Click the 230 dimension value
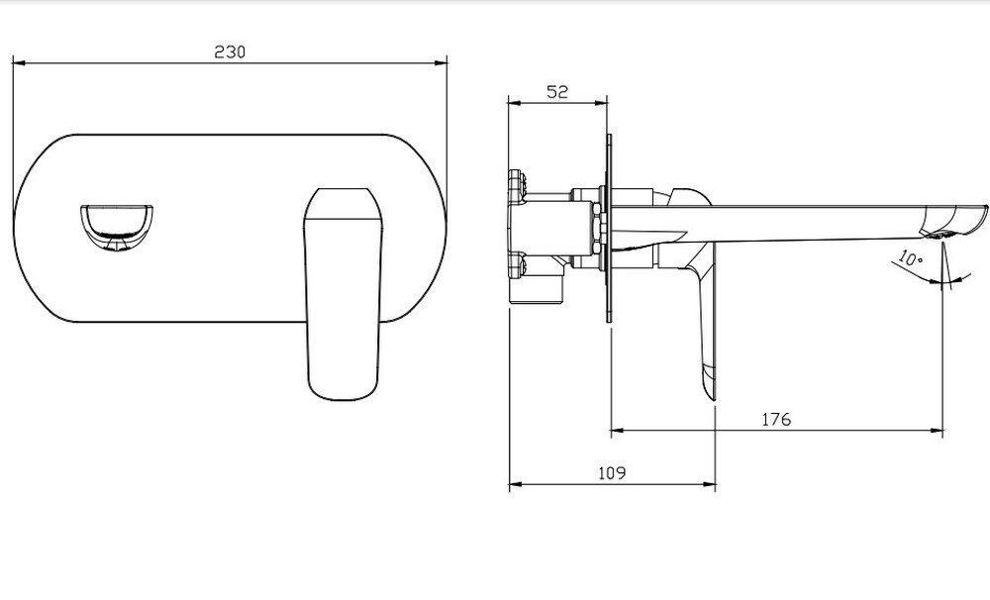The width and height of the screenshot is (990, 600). (230, 51)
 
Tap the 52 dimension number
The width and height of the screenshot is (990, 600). (556, 91)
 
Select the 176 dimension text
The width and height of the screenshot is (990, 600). (776, 419)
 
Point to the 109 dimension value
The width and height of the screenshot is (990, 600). (612, 472)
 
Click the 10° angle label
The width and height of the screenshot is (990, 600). (910, 257)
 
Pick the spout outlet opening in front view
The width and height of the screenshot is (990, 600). (116, 228)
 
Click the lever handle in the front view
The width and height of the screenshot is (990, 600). (344, 294)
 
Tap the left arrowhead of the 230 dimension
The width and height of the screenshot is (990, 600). (18, 62)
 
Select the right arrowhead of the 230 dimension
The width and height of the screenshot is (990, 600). (441, 62)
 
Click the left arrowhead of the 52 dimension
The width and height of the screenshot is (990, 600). (514, 102)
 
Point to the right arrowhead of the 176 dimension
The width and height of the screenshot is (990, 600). (938, 431)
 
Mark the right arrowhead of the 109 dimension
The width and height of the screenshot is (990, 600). (709, 484)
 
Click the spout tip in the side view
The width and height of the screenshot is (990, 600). (985, 210)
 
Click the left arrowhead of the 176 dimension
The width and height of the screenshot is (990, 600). (618, 431)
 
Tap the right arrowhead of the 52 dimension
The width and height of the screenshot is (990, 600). (601, 102)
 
